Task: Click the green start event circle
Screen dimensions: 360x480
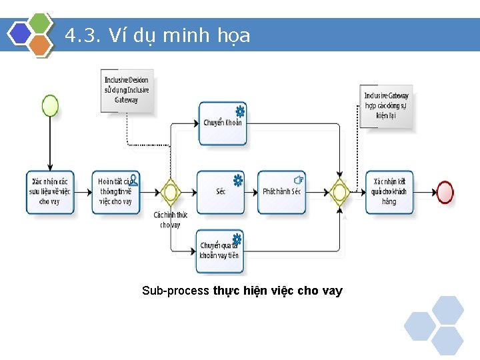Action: [x=50, y=105]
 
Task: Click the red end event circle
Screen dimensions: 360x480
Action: [x=445, y=192]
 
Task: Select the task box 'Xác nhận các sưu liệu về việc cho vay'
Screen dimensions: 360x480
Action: [x=50, y=192]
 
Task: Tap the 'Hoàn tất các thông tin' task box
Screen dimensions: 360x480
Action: [x=116, y=192]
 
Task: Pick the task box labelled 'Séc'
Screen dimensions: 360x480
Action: [x=221, y=191]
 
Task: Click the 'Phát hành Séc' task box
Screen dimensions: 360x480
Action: [x=281, y=192]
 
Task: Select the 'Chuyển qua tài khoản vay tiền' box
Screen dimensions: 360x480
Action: [x=219, y=251]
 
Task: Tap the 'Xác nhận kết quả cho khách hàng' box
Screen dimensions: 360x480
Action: [x=389, y=192]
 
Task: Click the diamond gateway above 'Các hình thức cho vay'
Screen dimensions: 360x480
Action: [x=171, y=193]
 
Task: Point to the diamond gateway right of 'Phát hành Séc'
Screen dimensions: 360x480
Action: [x=340, y=193]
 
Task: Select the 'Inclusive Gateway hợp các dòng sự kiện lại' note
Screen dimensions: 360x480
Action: [x=386, y=105]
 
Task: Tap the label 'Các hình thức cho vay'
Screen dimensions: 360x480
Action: [x=170, y=220]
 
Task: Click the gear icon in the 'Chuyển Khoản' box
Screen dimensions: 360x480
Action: [x=239, y=111]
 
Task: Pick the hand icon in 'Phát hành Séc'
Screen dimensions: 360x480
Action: [x=299, y=179]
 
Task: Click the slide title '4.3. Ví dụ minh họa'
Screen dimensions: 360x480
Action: [x=158, y=35]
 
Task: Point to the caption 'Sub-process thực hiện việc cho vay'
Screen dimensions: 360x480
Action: [x=242, y=291]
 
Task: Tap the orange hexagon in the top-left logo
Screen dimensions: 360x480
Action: [x=41, y=45]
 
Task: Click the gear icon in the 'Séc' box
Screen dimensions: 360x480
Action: [x=237, y=180]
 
